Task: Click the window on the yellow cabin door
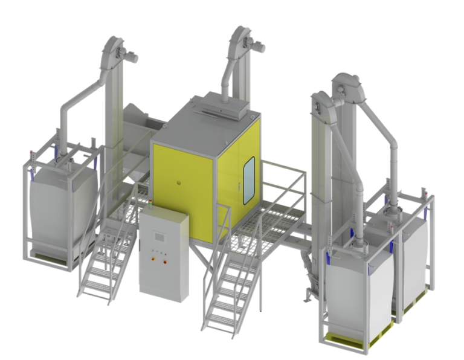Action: tap(248, 179)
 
